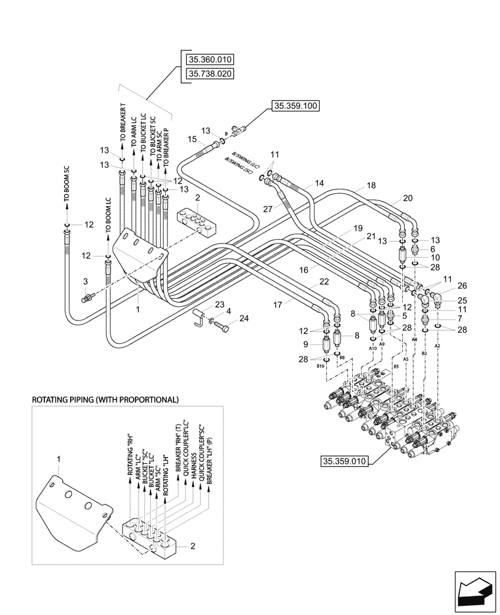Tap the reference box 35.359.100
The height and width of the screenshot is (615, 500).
294,106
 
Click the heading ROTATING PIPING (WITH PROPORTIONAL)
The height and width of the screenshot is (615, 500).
105,400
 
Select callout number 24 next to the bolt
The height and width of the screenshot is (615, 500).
244,319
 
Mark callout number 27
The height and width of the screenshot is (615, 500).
268,208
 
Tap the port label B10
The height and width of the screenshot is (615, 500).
320,366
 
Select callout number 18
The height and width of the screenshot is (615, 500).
371,185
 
